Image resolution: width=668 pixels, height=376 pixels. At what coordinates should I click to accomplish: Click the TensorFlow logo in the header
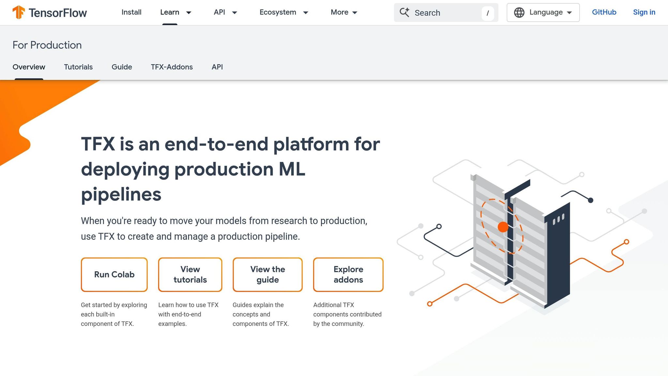[50, 13]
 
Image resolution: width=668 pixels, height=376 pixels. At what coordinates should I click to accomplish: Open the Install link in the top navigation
[131, 12]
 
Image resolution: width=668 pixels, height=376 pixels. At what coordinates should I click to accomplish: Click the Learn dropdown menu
[175, 12]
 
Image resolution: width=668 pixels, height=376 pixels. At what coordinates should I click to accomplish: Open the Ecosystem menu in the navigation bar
[283, 12]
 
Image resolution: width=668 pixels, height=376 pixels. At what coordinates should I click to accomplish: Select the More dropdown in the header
[344, 12]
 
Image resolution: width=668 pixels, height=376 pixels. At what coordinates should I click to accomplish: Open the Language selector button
[543, 12]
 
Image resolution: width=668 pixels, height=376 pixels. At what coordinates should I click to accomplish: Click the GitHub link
[604, 12]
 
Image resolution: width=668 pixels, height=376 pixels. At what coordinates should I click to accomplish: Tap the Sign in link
[644, 12]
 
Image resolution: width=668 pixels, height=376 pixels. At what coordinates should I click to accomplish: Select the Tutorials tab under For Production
[78, 67]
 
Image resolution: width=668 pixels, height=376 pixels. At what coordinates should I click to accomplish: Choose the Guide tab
[122, 67]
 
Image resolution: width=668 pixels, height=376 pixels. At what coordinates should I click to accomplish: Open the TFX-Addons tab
[172, 67]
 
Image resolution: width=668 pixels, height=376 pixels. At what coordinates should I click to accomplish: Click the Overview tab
[29, 67]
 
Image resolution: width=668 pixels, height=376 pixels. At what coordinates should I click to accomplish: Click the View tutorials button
[190, 274]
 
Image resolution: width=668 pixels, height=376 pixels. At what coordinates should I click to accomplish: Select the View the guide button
[267, 274]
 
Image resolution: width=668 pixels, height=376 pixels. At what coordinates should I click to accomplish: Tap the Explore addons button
[348, 274]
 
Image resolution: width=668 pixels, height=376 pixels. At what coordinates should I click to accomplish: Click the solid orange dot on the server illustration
[503, 227]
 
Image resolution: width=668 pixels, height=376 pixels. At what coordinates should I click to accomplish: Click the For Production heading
[47, 45]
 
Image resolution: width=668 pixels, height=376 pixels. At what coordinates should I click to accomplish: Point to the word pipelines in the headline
[121, 195]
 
